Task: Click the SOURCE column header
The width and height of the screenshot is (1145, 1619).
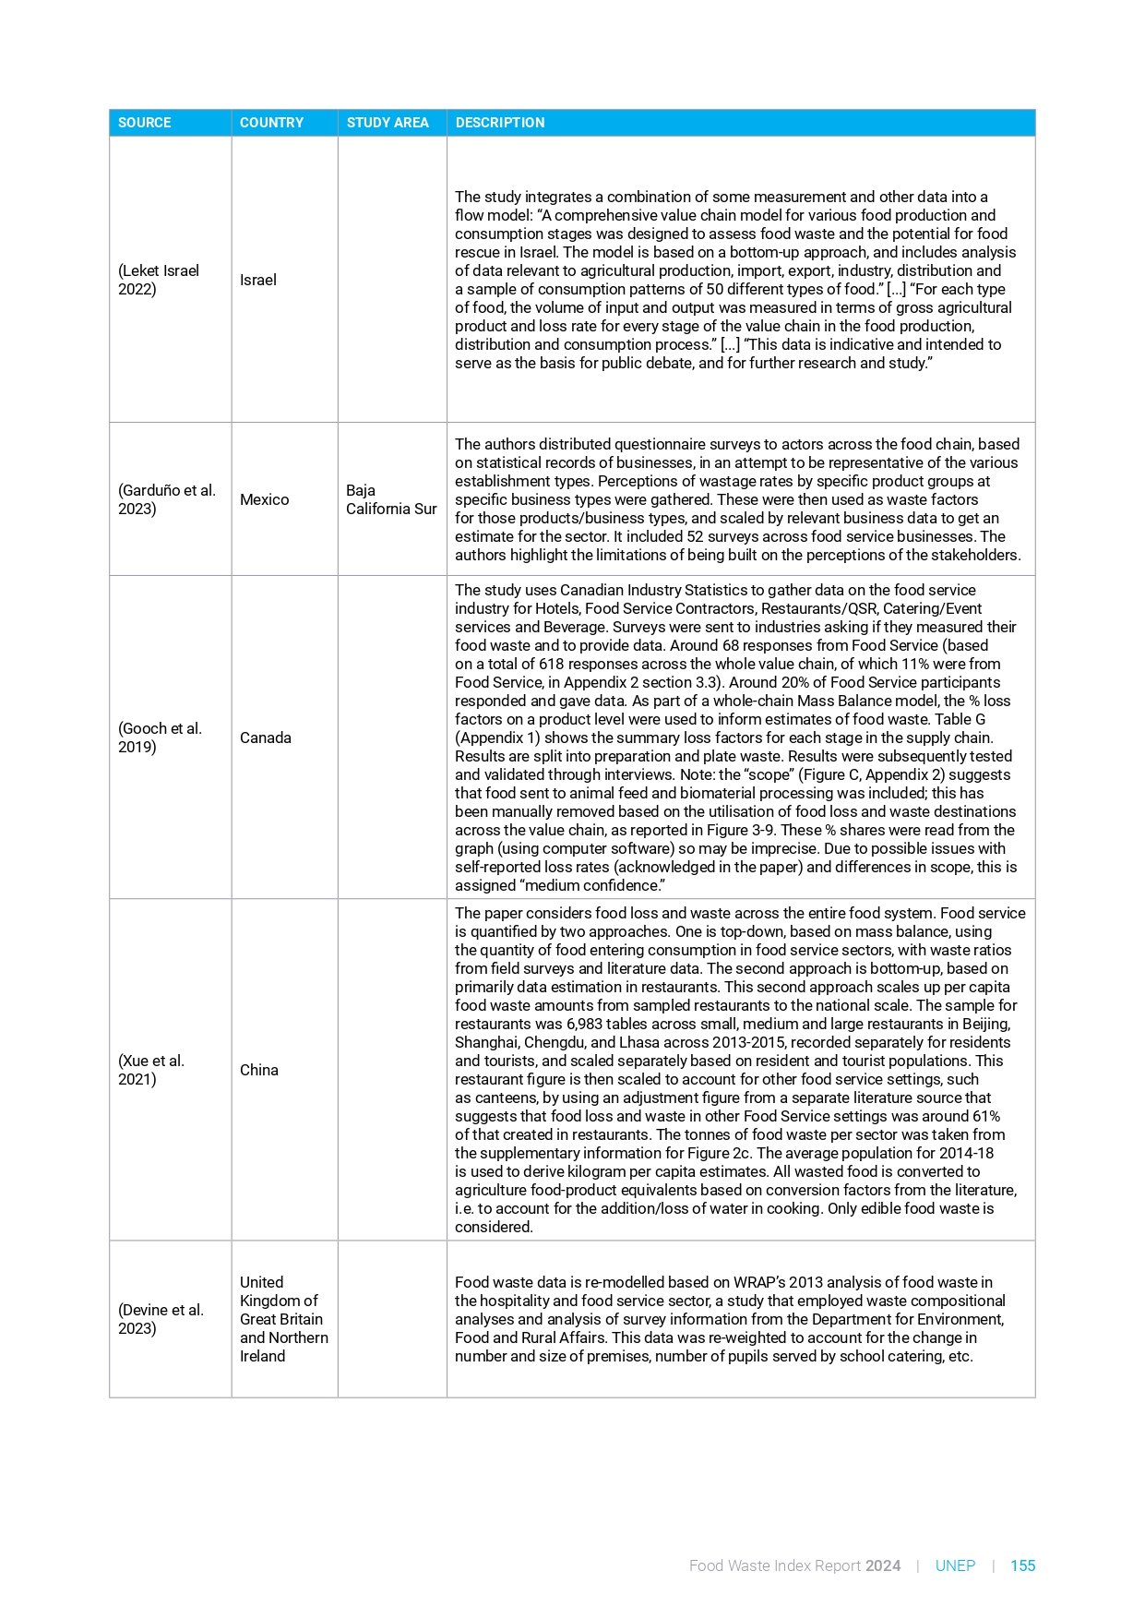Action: tap(145, 123)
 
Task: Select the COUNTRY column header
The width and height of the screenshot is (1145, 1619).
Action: tap(271, 123)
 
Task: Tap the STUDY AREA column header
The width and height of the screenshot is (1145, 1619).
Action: tap(388, 123)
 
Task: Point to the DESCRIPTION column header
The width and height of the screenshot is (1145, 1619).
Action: tap(500, 123)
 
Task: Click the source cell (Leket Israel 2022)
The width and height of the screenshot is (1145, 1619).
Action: tap(159, 280)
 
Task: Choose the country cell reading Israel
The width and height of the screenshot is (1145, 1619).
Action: tap(258, 280)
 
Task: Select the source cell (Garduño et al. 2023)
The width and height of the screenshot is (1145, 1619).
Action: tap(167, 499)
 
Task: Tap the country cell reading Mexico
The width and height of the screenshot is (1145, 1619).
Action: tap(265, 499)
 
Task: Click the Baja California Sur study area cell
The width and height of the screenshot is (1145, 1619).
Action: tap(391, 499)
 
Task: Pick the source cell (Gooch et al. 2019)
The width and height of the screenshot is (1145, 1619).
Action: tap(160, 738)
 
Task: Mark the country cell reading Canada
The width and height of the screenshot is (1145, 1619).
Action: tap(266, 738)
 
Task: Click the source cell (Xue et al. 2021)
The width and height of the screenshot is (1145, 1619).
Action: tap(151, 1070)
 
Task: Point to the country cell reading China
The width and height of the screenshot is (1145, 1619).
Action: tap(259, 1070)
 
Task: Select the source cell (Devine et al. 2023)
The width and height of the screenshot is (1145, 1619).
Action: tap(161, 1319)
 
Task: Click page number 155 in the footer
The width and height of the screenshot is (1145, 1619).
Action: tap(1022, 1565)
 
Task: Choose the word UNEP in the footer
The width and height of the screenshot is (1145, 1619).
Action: tap(955, 1565)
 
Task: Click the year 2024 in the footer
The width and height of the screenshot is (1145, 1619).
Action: tap(883, 1565)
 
